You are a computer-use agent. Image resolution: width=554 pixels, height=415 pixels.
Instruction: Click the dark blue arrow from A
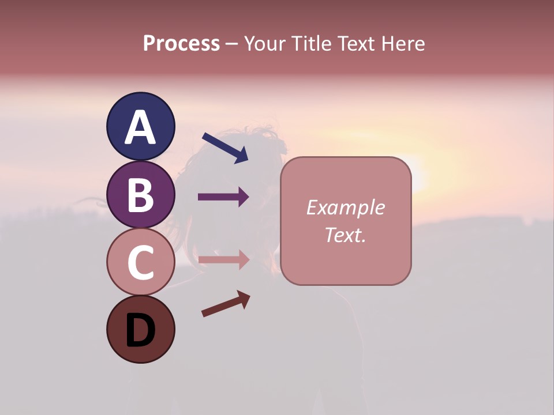pos(225,148)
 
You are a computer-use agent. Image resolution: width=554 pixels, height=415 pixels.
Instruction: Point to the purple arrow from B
pos(223,197)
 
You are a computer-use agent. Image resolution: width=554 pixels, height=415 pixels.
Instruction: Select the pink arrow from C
pos(223,260)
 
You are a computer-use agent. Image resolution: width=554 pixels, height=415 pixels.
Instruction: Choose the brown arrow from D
pos(226,304)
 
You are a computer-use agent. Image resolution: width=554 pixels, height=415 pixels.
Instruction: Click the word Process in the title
pos(181,43)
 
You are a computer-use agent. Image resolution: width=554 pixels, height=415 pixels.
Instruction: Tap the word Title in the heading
pos(309,43)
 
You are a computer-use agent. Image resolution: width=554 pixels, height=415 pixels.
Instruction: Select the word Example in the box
pos(346,207)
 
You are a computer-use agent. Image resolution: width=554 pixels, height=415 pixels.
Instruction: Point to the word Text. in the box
pos(346,235)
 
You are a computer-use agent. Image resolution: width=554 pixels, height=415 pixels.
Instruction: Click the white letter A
pos(140,129)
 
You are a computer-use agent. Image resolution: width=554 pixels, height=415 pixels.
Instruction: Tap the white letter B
pos(140,195)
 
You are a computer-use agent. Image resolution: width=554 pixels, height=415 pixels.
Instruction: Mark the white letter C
pos(140,263)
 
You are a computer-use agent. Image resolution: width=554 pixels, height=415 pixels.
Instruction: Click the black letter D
pos(140,331)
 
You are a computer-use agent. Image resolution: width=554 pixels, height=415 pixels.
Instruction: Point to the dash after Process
pos(232,44)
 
